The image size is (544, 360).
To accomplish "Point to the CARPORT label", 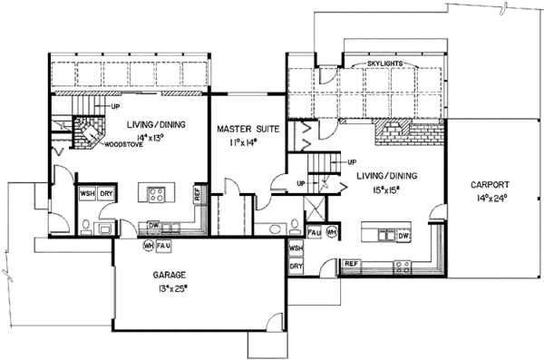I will coord(490,182).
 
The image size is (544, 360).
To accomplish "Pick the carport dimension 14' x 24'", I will coord(490,197).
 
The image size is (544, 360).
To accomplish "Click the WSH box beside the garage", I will coord(296,248).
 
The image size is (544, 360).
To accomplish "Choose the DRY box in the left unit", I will coord(106,193).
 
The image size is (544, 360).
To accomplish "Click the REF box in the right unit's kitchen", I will coord(351,264).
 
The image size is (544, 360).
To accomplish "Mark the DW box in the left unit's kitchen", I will coord(153,228).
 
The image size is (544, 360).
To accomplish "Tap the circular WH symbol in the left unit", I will coord(147,245).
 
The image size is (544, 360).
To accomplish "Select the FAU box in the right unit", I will coord(314,233).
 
